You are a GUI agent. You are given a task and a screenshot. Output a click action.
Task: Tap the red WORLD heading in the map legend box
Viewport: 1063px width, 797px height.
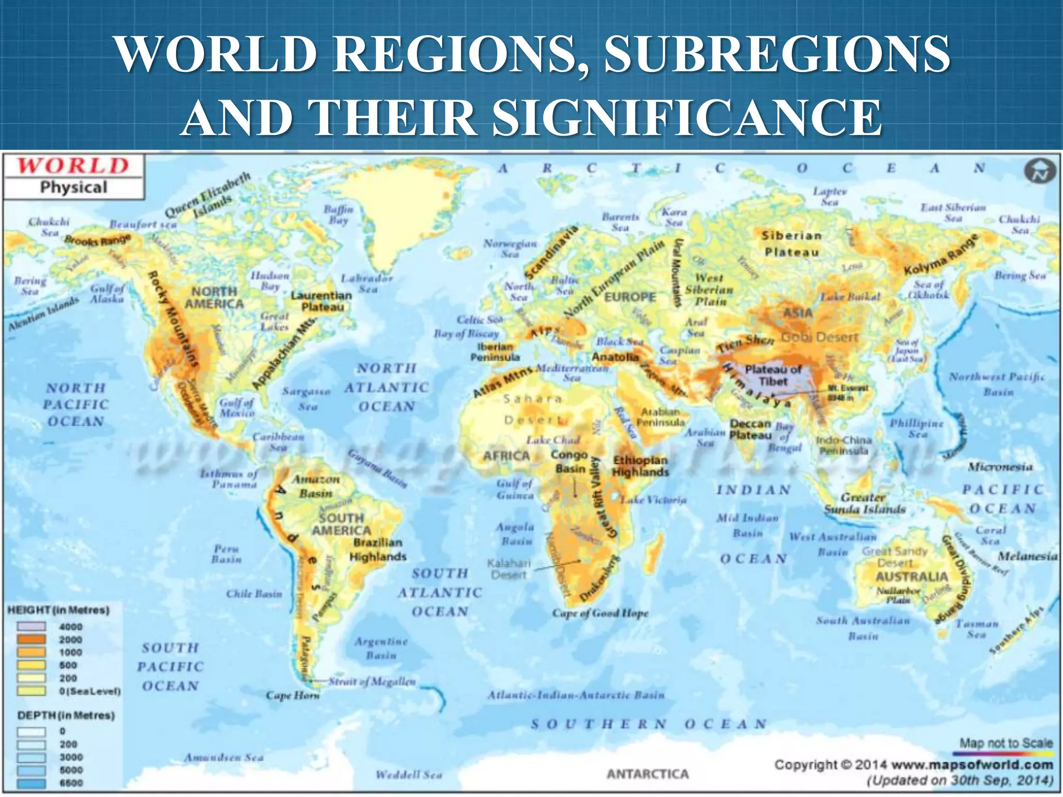click(x=73, y=166)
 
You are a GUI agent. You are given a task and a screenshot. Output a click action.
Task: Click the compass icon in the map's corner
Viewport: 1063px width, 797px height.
click(x=1040, y=172)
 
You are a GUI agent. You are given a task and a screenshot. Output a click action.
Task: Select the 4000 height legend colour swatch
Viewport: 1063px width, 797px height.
click(x=32, y=627)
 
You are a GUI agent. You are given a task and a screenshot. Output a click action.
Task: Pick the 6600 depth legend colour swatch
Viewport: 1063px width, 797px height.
click(x=32, y=783)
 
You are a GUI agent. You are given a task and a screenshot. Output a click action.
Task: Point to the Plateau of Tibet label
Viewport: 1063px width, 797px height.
click(x=773, y=375)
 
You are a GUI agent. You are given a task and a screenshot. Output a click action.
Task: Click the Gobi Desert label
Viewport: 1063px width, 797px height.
click(x=820, y=337)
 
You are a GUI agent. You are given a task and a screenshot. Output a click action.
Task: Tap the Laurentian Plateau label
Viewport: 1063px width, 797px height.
click(x=321, y=301)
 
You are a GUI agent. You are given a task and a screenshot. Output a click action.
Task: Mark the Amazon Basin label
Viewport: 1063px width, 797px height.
click(x=316, y=486)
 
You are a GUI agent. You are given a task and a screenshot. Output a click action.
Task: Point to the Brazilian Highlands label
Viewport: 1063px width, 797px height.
click(x=378, y=549)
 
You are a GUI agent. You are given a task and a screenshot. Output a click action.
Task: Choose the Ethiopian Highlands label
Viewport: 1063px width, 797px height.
click(x=640, y=466)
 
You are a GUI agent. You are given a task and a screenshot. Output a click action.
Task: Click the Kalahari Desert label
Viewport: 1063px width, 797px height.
click(x=509, y=569)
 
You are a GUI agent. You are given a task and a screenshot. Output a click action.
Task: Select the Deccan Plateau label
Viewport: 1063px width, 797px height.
click(x=751, y=430)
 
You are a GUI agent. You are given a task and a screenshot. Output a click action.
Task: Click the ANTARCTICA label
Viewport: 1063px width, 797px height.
click(x=648, y=774)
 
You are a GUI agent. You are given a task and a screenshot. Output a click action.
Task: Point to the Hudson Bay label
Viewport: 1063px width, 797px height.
click(x=270, y=281)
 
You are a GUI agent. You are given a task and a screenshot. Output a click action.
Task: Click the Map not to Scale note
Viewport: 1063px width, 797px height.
click(x=1006, y=743)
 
